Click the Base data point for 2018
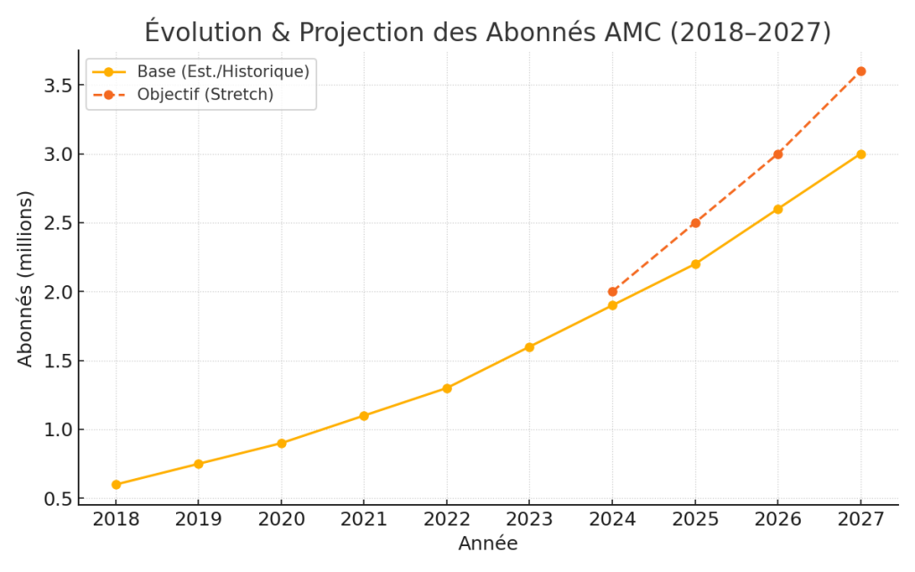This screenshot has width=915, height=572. click(116, 484)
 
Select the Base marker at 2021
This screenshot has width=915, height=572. click(364, 416)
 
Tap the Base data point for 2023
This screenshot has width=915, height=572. click(529, 347)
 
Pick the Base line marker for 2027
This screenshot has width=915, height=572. click(860, 154)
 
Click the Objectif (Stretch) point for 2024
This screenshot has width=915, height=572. click(612, 291)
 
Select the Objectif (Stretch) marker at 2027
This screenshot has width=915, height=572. click(860, 71)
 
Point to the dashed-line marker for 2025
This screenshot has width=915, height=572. click(695, 223)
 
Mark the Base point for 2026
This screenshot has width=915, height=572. click(777, 209)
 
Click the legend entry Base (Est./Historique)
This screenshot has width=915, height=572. click(222, 71)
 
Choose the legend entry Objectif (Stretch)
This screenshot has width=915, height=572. click(205, 94)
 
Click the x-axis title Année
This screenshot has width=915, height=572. click(488, 543)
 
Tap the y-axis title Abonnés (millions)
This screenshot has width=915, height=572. click(25, 278)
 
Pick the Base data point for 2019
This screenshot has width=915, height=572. click(198, 464)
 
